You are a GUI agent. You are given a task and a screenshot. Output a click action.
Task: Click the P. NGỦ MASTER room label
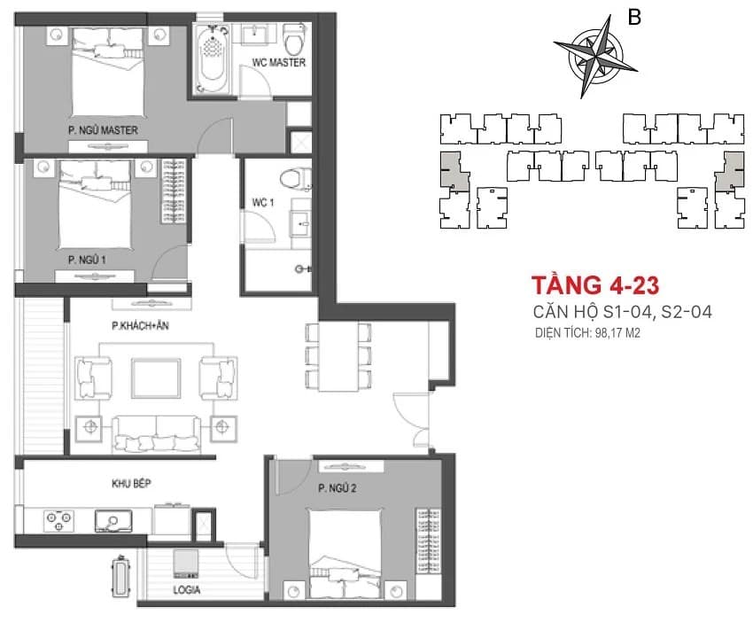(x=103, y=130)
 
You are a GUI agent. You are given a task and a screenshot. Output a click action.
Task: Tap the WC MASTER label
(x=279, y=62)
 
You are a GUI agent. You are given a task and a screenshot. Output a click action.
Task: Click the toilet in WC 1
(x=296, y=179)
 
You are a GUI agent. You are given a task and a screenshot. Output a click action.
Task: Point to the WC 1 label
(x=263, y=203)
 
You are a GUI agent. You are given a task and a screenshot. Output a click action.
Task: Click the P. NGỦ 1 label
(x=87, y=260)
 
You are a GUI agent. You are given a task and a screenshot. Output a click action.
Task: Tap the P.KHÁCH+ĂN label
(x=140, y=326)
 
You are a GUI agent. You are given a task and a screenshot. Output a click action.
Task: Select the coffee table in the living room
(x=156, y=377)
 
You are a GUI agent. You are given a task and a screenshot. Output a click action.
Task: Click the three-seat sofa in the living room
(x=156, y=434)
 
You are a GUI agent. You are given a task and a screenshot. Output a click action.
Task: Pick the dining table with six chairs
(x=338, y=356)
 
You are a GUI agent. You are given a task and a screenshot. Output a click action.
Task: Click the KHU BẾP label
(x=131, y=484)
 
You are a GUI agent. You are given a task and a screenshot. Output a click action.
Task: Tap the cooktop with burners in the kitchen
(x=58, y=521)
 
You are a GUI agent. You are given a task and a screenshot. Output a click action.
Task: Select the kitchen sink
(x=113, y=521)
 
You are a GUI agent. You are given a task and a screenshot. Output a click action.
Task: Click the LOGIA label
(x=186, y=590)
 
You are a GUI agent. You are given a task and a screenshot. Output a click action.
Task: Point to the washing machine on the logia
(x=186, y=564)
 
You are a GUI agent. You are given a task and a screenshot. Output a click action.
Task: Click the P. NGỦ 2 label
(x=338, y=489)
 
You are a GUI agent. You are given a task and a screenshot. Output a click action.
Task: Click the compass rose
(x=595, y=56)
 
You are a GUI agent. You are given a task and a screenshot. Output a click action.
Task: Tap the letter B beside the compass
(x=634, y=18)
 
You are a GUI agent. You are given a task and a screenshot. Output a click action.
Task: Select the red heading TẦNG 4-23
(x=595, y=285)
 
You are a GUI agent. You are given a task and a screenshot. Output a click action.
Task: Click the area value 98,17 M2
(x=617, y=333)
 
